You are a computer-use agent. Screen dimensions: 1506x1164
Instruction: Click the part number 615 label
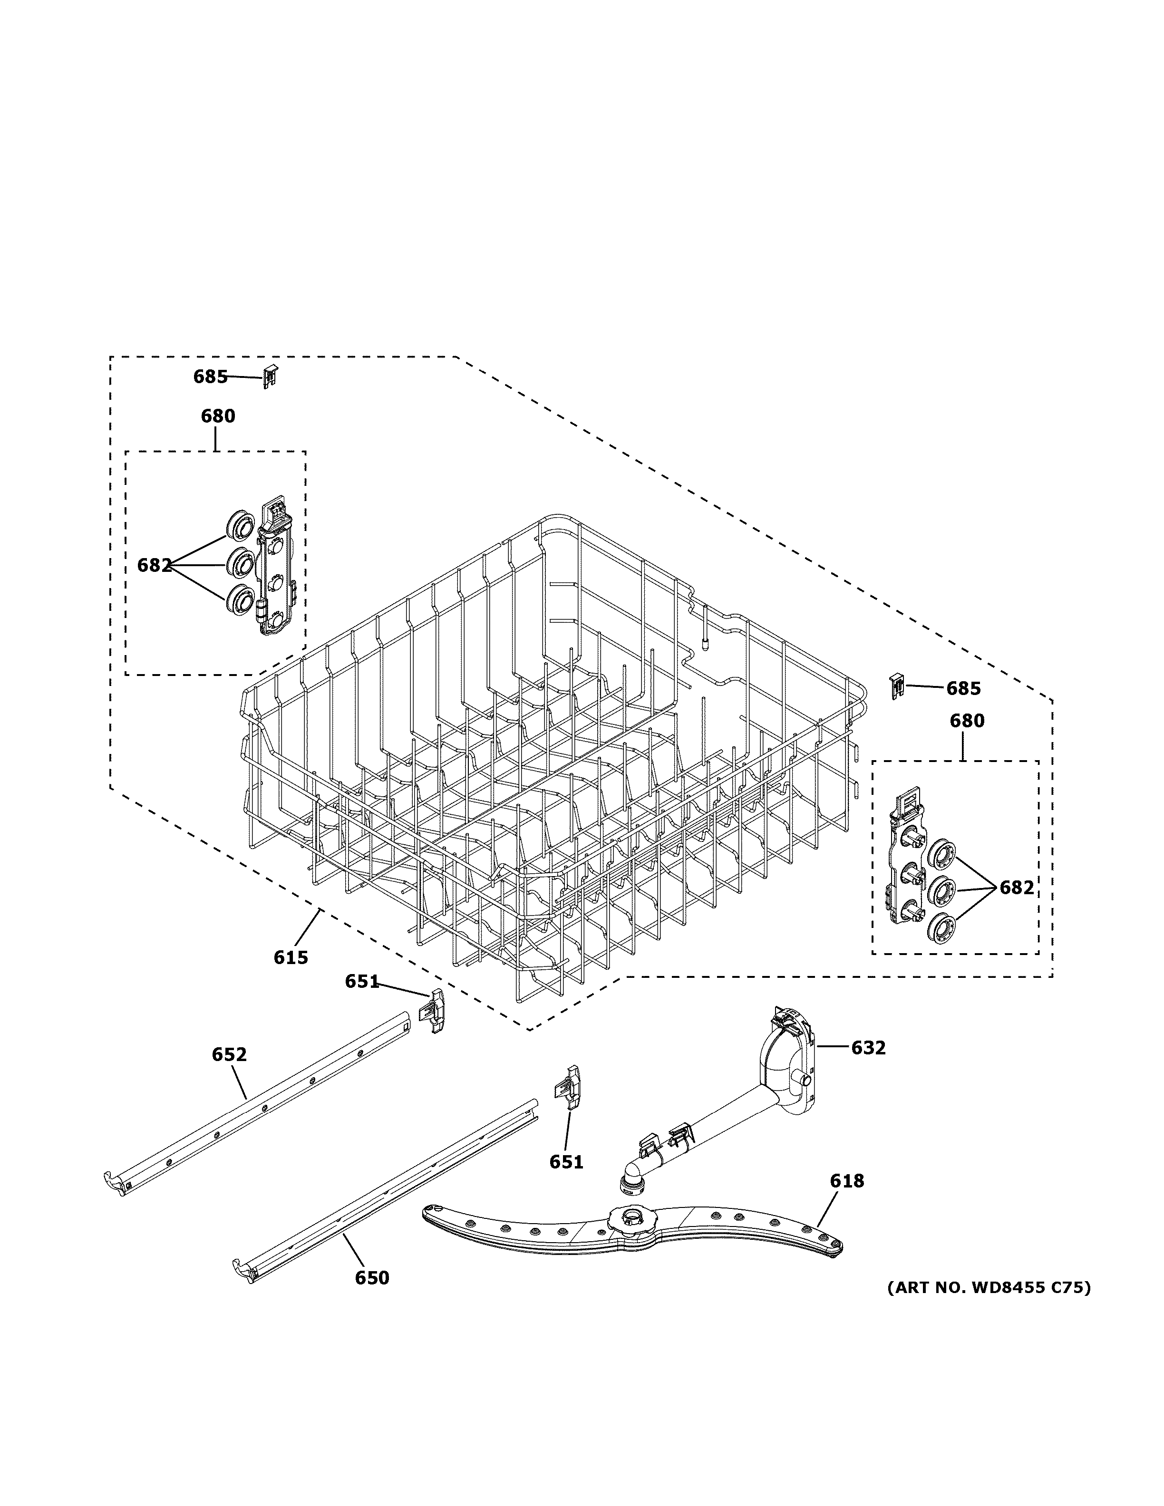pyautogui.click(x=291, y=957)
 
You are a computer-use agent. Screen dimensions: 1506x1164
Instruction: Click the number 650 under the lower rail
pyautogui.click(x=372, y=1278)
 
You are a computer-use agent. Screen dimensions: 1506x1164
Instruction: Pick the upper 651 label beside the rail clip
pyautogui.click(x=362, y=981)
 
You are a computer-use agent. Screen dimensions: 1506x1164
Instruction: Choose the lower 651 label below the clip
pyautogui.click(x=566, y=1162)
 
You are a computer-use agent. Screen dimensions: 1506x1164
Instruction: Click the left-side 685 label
pyautogui.click(x=210, y=376)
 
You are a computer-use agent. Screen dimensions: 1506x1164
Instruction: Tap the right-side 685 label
pyautogui.click(x=963, y=688)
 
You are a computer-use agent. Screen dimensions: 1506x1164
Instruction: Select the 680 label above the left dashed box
pyautogui.click(x=218, y=416)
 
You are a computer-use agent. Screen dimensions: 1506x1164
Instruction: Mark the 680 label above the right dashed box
pyautogui.click(x=967, y=721)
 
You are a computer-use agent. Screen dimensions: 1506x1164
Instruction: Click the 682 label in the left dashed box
pyautogui.click(x=154, y=565)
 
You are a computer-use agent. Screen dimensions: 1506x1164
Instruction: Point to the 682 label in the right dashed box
pyautogui.click(x=1017, y=888)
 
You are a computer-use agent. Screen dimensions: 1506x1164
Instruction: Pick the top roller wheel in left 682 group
pyautogui.click(x=239, y=530)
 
